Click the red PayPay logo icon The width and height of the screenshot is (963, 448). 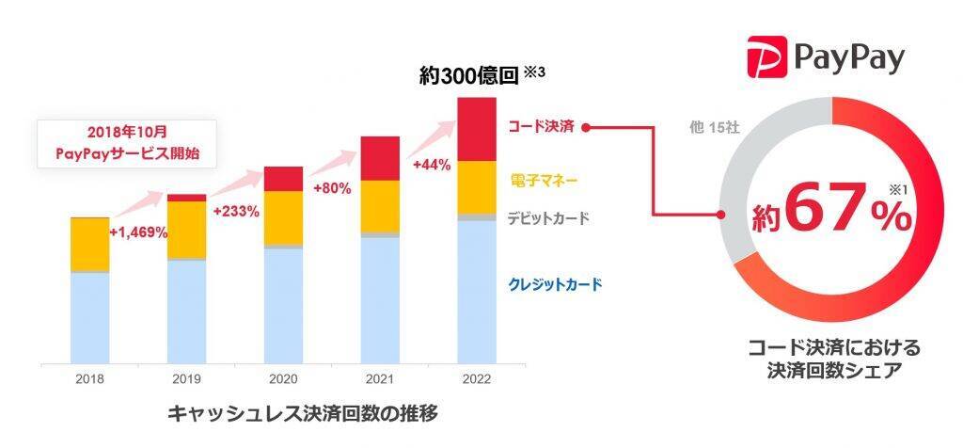pos(767,57)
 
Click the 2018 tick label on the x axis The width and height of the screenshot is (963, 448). pos(90,379)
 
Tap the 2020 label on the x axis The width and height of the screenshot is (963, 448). pos(283,379)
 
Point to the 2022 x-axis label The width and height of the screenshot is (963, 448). pos(476,379)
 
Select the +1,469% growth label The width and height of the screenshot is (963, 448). pos(138,232)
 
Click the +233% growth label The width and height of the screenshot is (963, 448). pos(236,211)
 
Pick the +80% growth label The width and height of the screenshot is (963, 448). pos(334,188)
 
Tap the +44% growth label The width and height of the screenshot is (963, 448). pos(432,165)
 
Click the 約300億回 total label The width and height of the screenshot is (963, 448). pos(470,77)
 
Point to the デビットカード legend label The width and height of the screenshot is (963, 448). pos(548,218)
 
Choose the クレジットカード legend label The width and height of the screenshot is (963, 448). pos(555,283)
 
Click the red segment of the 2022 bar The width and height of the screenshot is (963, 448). pos(477,129)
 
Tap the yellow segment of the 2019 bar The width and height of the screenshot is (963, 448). pos(186,228)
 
